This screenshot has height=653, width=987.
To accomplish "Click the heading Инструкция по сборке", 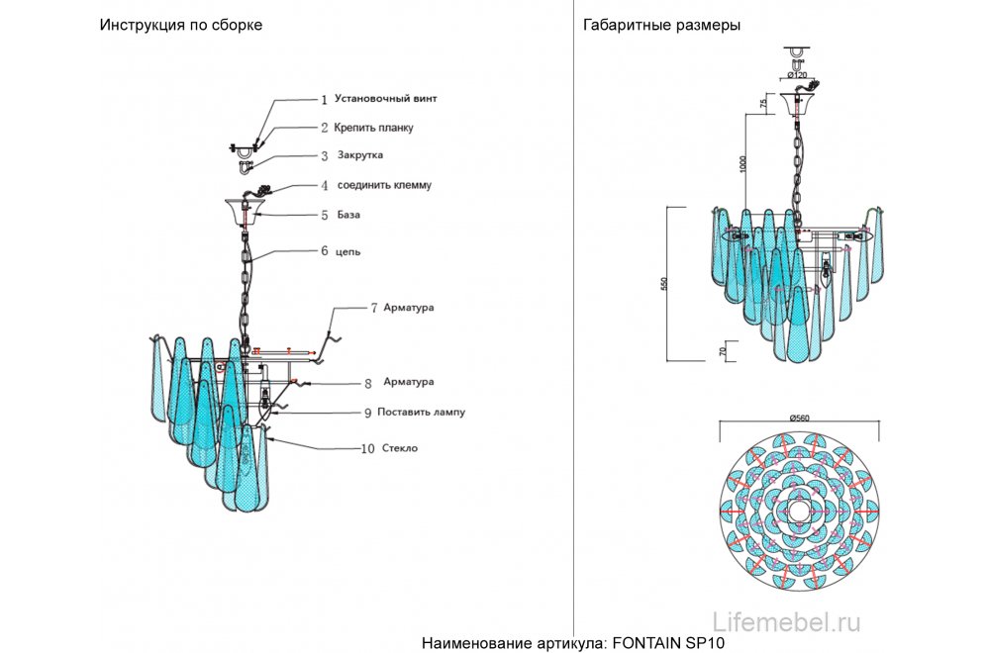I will [x=180, y=26].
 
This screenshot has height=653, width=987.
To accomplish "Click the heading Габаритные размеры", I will [x=661, y=26].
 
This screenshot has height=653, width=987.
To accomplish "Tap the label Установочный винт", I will [x=384, y=99].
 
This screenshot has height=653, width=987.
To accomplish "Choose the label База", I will [x=347, y=214].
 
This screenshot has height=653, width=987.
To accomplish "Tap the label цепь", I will [x=347, y=250].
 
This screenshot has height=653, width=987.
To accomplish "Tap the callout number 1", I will [x=324, y=100].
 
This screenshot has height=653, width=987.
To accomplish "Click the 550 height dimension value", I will [x=666, y=282].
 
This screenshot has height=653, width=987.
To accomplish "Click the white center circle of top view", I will [x=799, y=513].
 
